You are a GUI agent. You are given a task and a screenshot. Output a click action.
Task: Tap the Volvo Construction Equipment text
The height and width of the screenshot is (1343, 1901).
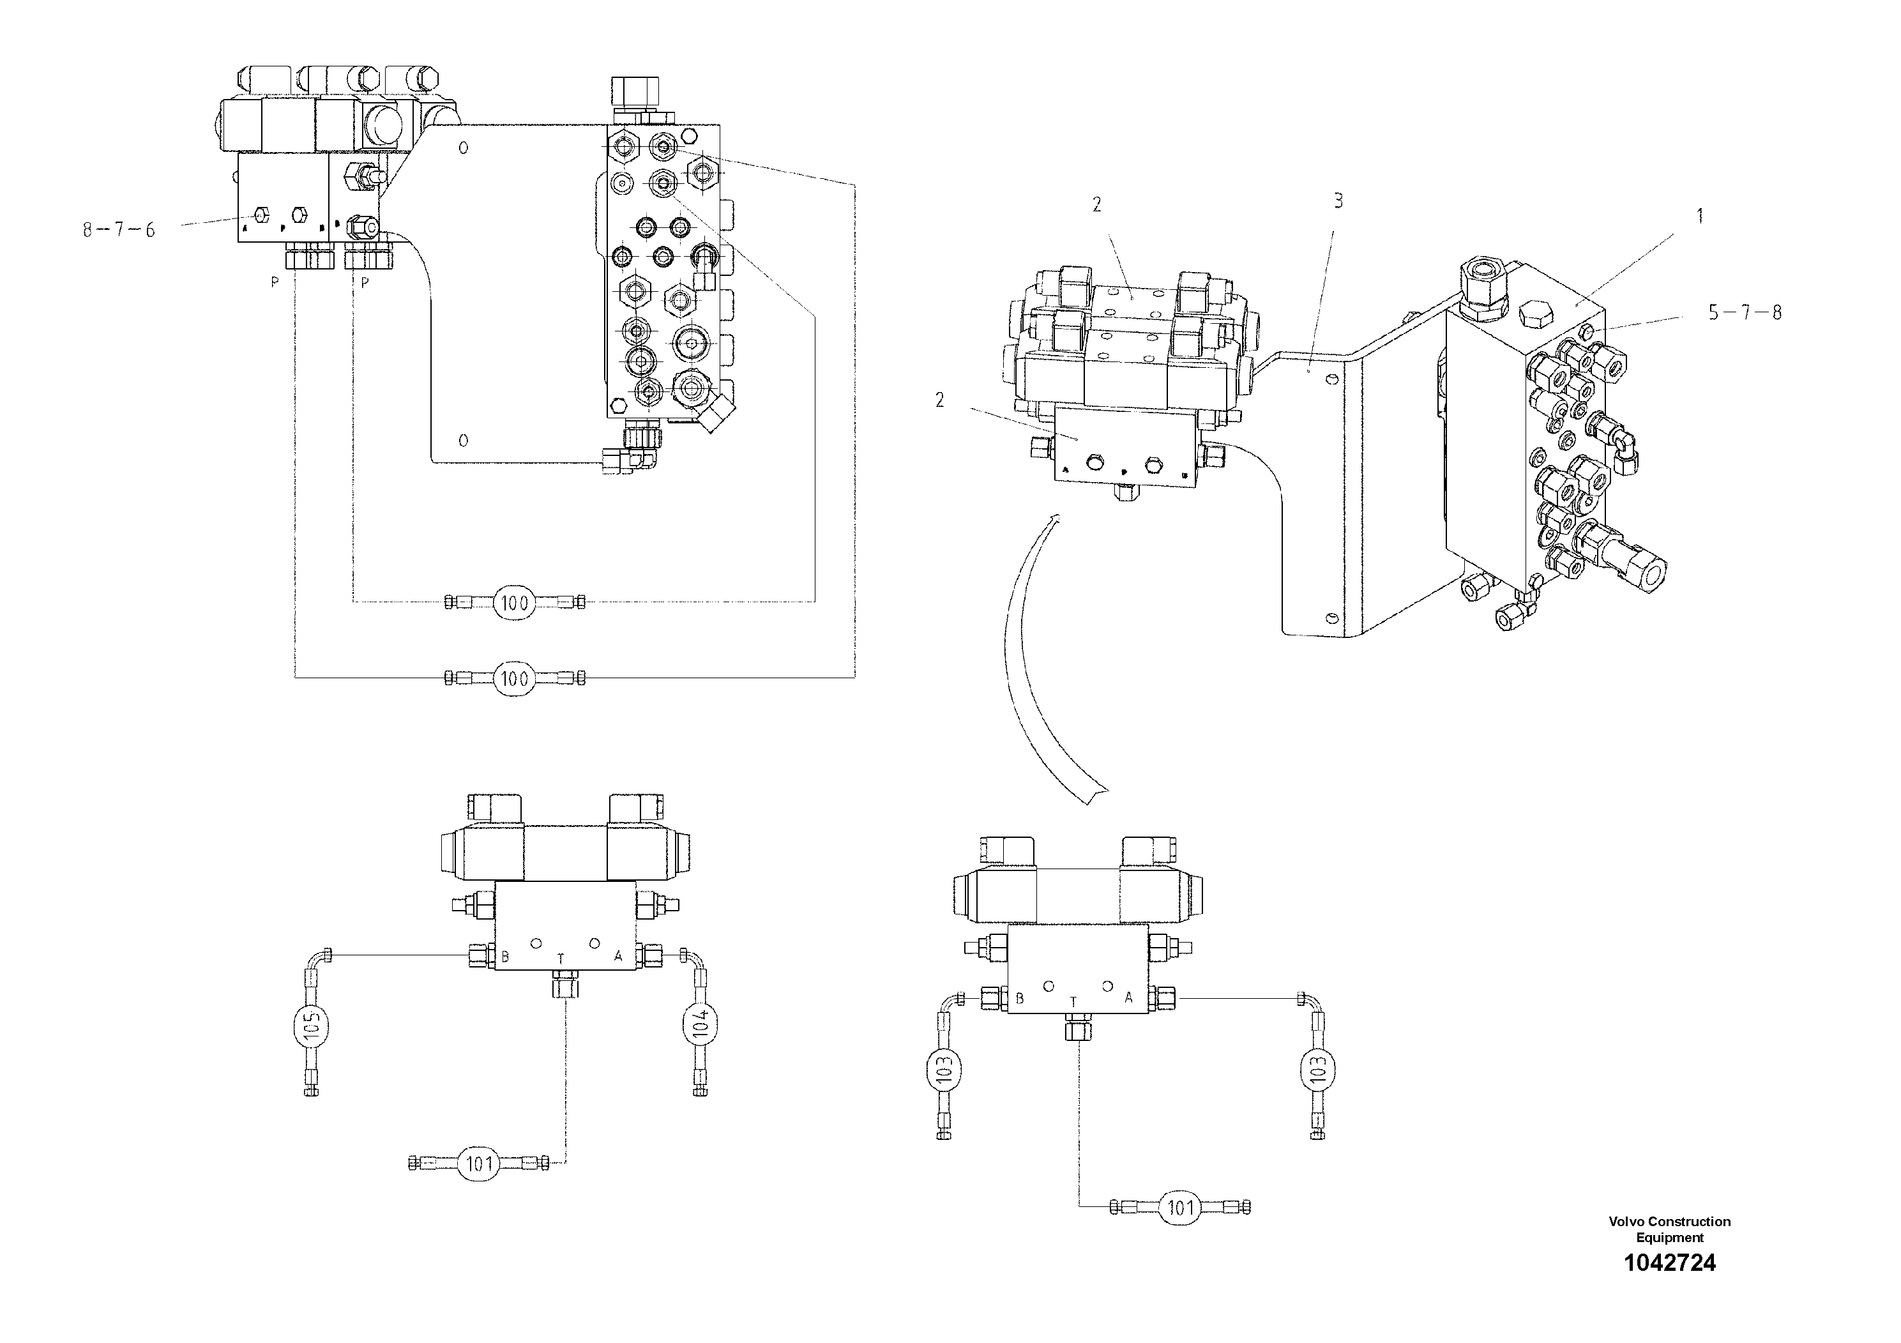click(x=1669, y=1229)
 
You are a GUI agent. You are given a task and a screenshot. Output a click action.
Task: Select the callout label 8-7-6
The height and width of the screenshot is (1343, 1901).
click(x=118, y=230)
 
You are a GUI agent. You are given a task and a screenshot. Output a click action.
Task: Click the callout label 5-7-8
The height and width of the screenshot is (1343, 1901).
click(x=1745, y=312)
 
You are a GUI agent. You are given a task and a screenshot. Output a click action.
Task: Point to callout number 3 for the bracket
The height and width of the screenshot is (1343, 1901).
click(x=1338, y=201)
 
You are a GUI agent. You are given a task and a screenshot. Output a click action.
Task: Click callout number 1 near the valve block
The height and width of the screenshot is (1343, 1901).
click(x=1700, y=216)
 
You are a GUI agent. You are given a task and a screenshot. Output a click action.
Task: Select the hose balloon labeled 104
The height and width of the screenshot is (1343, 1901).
click(x=700, y=1024)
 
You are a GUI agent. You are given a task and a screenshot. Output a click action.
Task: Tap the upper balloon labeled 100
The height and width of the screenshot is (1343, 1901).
click(x=515, y=603)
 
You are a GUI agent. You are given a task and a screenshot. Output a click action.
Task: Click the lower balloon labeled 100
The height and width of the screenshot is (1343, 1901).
click(x=515, y=679)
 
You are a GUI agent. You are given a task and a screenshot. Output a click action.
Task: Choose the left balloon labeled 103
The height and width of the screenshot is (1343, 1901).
click(x=944, y=1068)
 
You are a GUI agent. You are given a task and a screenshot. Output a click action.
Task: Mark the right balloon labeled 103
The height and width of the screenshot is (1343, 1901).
click(x=1318, y=1068)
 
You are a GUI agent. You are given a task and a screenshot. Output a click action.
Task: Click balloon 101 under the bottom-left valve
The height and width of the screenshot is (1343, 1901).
click(x=480, y=1164)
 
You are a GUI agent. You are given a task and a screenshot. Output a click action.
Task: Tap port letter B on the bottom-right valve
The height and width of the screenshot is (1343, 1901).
click(x=1019, y=999)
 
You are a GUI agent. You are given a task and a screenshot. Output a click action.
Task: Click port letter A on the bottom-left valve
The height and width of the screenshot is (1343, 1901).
click(x=617, y=957)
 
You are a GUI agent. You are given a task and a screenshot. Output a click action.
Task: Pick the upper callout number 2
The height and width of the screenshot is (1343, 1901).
click(x=1097, y=204)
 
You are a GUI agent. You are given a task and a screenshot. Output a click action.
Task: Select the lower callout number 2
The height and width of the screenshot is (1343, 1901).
click(x=940, y=400)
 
